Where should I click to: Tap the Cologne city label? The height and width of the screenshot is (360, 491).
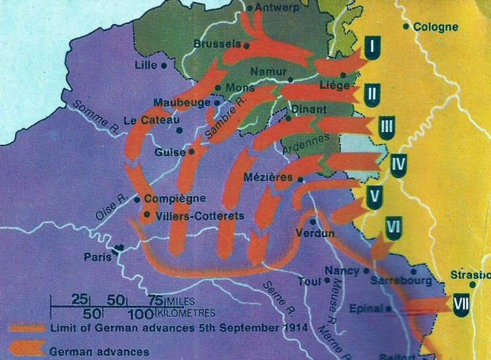click(x=436, y=27)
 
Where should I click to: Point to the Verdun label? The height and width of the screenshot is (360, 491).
click(x=315, y=233)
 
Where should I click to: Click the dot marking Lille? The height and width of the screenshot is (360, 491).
click(x=164, y=65)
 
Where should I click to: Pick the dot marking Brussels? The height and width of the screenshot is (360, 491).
click(x=246, y=45)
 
